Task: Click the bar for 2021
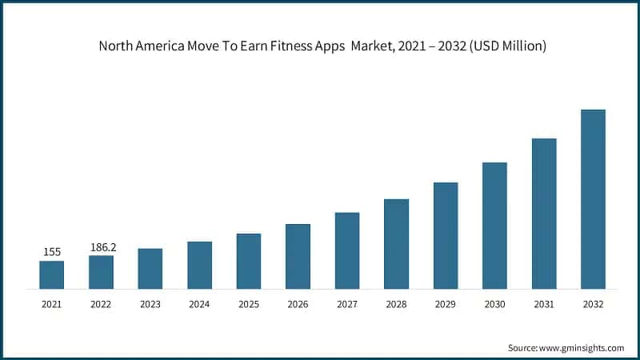(51, 274)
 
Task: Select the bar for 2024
(199, 265)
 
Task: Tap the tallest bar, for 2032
(593, 199)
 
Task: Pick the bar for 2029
(446, 235)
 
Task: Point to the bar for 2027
(347, 250)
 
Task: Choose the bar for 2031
(544, 214)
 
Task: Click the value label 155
(52, 252)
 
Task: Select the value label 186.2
(102, 247)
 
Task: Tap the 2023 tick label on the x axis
(150, 304)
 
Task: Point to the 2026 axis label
(298, 304)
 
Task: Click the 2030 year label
(494, 304)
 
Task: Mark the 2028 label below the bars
(396, 304)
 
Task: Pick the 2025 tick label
(249, 304)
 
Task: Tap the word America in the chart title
(166, 46)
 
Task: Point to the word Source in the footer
(523, 348)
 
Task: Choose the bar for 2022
(101, 272)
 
